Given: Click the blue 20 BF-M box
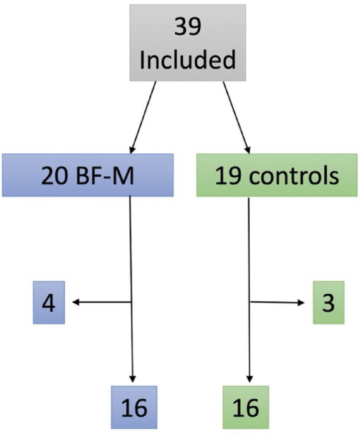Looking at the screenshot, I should click(87, 175).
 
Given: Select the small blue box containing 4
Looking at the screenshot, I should click(49, 302).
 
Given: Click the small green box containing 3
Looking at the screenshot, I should click(328, 302).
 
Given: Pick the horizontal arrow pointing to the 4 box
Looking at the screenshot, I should click(101, 302).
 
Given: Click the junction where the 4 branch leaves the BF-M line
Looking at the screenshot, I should click(132, 302).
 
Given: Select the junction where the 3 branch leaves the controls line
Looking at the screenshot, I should click(251, 302).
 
